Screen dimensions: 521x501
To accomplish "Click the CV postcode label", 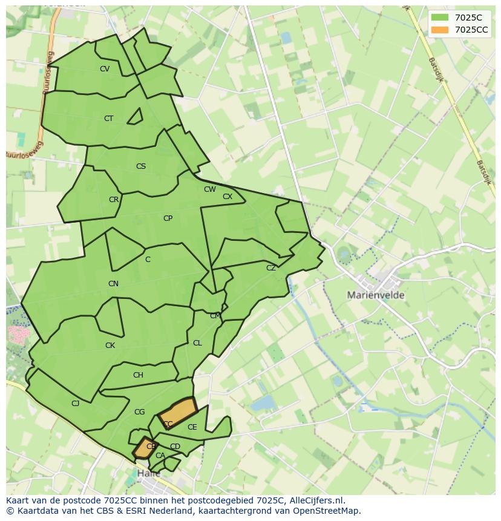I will coord(105,69).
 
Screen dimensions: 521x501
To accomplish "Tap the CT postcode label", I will coord(108,119).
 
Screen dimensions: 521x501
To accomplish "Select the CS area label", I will coord(141,166).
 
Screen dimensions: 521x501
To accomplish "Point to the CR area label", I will coord(114,200).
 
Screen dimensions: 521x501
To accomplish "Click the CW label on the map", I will coord(209,189).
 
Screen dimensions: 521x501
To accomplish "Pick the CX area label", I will coord(228,197).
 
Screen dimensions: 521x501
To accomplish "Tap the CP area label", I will coord(168,218).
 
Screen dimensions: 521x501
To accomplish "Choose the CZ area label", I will coord(271,268).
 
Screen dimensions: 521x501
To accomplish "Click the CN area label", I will coord(113,284).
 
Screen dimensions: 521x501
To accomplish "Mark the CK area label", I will coord(110,346).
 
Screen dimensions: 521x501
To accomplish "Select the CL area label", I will coord(197,343).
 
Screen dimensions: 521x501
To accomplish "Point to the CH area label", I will coord(138,375).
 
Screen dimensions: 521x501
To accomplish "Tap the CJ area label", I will coord(76,404).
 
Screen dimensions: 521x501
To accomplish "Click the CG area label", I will coord(139,412).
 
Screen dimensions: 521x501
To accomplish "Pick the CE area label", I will coord(192,427).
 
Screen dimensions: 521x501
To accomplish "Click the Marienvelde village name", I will coord(376,295).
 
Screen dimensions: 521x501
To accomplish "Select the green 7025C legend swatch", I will coord(440,18).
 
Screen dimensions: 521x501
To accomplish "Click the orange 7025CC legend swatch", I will coord(440,30).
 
